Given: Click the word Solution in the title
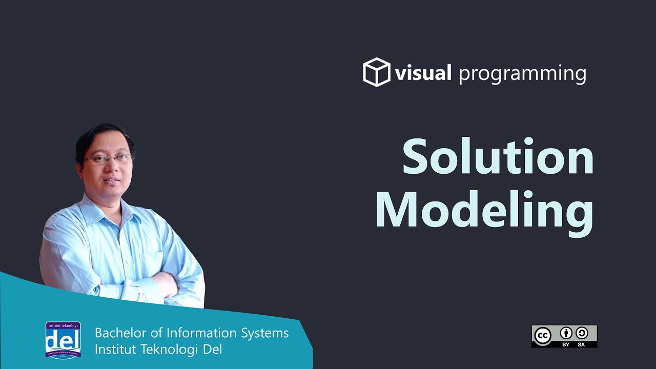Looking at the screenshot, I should [498, 156].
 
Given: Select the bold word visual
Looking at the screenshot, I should [423, 73].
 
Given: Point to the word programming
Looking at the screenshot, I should [522, 74].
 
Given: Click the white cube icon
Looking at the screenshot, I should [377, 72].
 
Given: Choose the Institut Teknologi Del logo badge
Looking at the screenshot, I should [63, 339].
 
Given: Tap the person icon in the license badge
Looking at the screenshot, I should [566, 333].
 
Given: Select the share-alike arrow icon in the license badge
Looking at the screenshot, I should [581, 333].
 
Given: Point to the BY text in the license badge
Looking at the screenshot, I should [566, 344].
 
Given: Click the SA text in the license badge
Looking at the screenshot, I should [581, 344].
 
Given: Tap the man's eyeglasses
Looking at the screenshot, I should [108, 159].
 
